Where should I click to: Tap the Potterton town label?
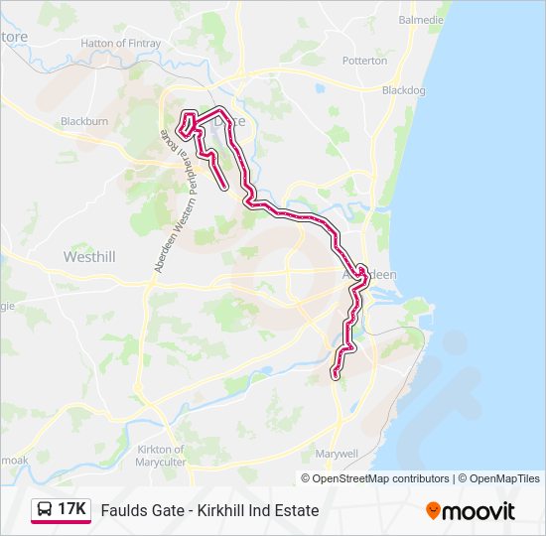(364, 61)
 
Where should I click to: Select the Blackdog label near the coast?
(403, 90)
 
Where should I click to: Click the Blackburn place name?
(83, 121)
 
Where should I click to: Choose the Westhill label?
(89, 256)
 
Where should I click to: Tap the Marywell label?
(336, 453)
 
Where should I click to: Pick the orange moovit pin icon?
(433, 510)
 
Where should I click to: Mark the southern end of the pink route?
(335, 374)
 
